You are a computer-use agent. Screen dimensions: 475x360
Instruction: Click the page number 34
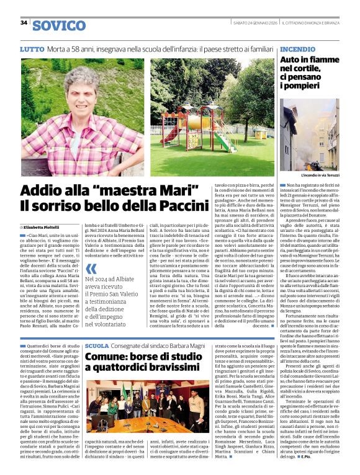tap(24, 23)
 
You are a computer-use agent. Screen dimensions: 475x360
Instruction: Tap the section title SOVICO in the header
tap(59, 25)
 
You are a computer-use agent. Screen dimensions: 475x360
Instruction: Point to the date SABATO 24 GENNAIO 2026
tap(254, 23)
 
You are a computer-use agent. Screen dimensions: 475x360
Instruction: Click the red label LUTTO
tap(32, 48)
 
